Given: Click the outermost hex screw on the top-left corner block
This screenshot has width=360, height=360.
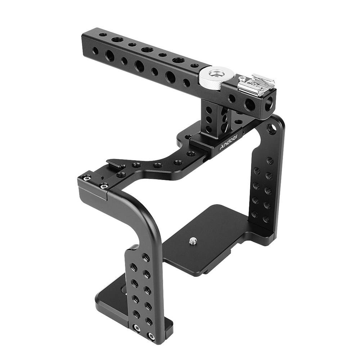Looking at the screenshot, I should coord(86,178).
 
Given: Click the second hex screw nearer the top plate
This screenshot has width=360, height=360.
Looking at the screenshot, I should coord(104,186).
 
